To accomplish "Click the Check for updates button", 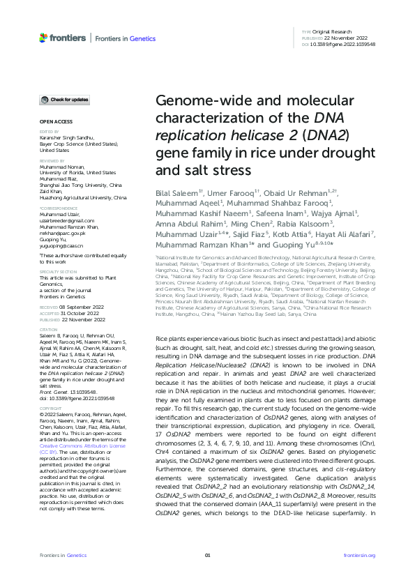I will (64, 100).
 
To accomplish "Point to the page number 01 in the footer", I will (207, 554).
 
